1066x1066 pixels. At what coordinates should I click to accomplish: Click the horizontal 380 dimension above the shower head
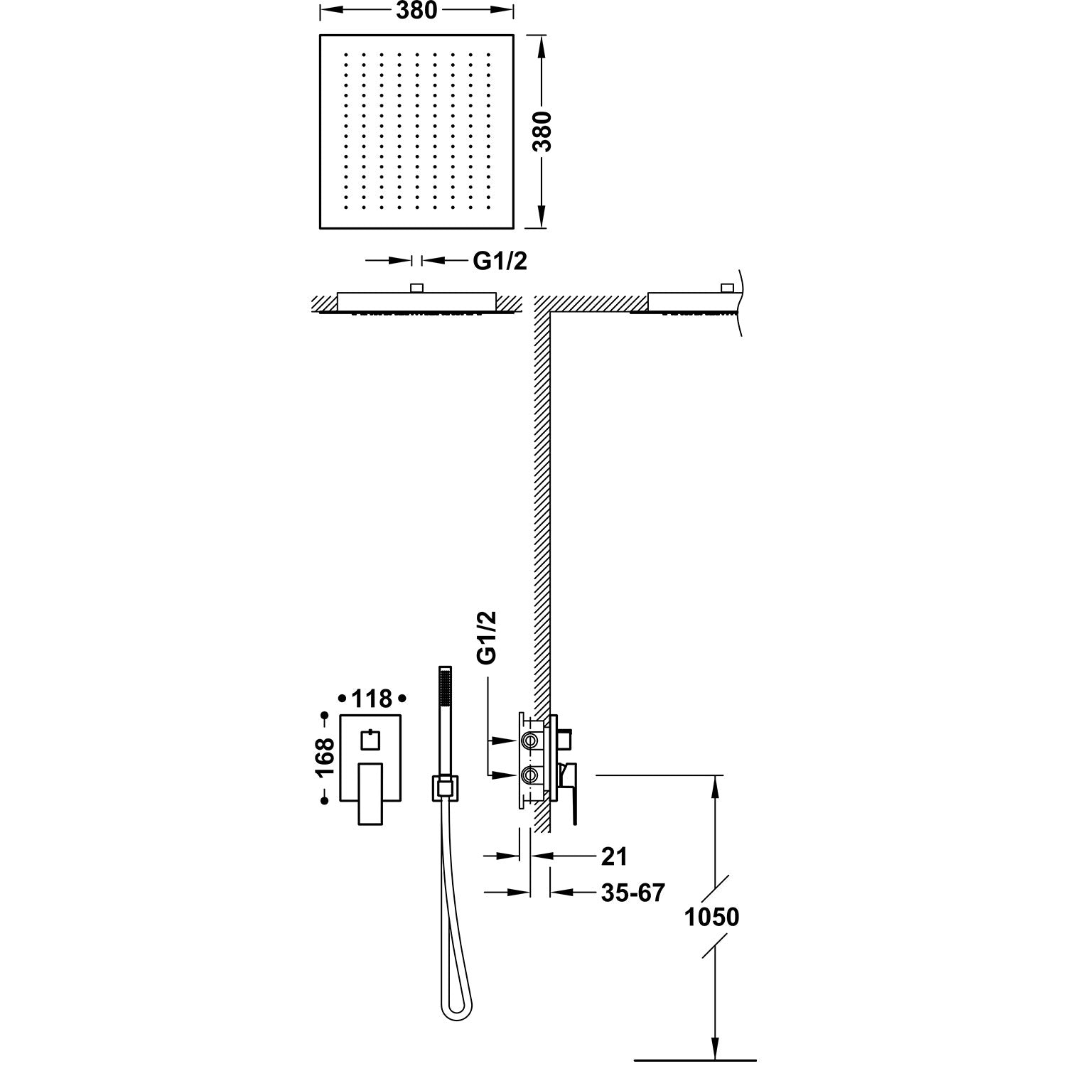(416, 11)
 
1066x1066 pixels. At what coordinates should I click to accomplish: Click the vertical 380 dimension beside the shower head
(543, 131)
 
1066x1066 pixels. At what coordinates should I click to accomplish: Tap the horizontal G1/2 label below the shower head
(500, 261)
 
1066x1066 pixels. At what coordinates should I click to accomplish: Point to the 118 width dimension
(372, 699)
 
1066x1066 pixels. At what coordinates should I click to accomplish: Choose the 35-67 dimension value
(632, 893)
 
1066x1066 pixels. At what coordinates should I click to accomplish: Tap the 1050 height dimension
(711, 917)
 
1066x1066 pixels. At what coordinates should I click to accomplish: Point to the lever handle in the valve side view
(570, 792)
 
